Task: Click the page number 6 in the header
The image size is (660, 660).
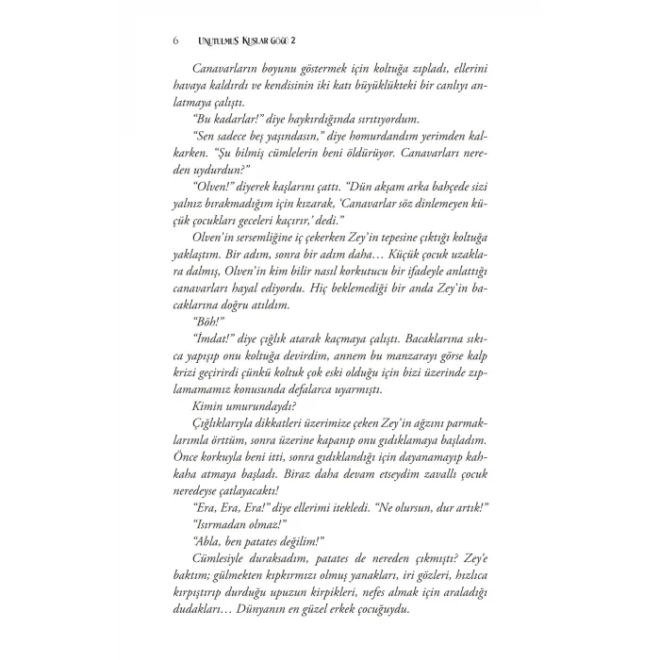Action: pos(177,41)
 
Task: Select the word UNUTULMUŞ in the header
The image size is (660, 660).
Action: pos(215,41)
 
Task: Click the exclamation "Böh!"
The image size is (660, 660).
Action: pos(207,346)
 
